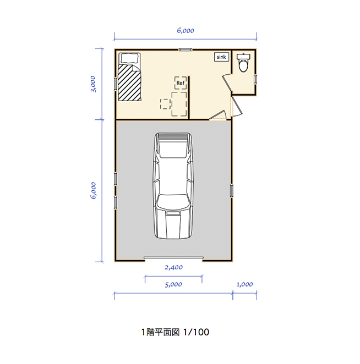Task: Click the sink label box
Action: click(x=221, y=57)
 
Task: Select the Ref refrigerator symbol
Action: click(x=180, y=83)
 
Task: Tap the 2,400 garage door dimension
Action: click(x=174, y=267)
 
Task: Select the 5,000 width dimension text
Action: click(x=173, y=285)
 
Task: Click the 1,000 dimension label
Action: click(x=244, y=285)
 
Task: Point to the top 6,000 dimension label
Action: click(x=186, y=31)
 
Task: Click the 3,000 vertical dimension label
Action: click(x=94, y=84)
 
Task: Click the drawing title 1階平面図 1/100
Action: click(x=174, y=332)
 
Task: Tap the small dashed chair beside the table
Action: click(x=165, y=103)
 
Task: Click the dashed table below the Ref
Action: click(x=179, y=104)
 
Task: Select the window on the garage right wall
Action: click(x=232, y=190)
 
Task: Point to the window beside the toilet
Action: click(x=255, y=79)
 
